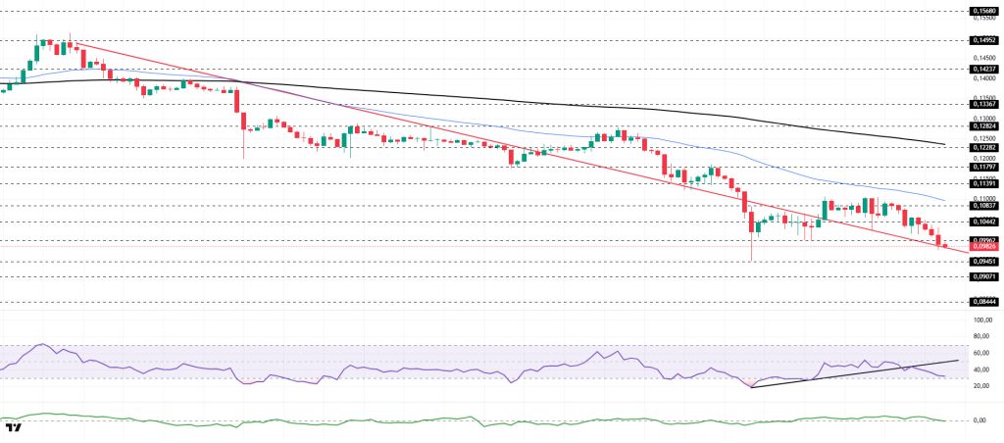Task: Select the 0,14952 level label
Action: click(984, 41)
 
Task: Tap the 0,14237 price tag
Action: click(984, 70)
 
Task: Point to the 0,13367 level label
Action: click(984, 103)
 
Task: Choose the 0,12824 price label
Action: click(984, 126)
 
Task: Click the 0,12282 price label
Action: click(984, 147)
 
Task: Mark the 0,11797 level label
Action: click(984, 167)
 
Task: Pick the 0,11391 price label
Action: click(984, 183)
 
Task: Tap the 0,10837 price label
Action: click(984, 206)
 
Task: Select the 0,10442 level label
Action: click(984, 222)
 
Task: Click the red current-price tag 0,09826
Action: click(984, 247)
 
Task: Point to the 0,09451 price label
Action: click(984, 262)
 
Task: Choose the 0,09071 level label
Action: click(984, 277)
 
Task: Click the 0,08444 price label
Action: click(984, 303)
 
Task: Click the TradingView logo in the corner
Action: click(14, 428)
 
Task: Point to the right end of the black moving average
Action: click(944, 144)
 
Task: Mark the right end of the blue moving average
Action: click(944, 200)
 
